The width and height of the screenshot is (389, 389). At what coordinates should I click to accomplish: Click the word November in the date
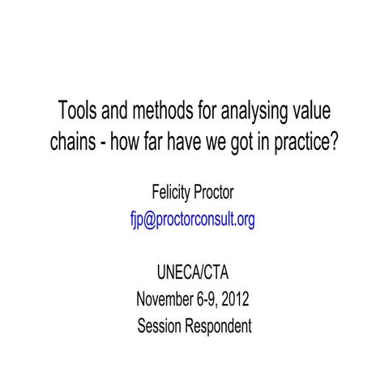(165, 300)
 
